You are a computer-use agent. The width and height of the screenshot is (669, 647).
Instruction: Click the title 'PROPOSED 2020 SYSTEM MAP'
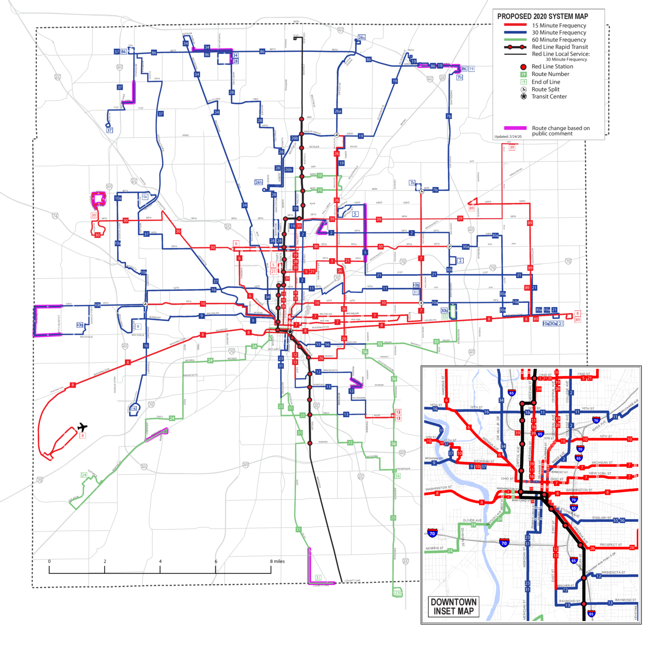(542, 17)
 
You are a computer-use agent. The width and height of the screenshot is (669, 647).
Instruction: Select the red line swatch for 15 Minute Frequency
(515, 25)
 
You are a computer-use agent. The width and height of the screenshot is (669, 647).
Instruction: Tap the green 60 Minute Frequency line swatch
(515, 40)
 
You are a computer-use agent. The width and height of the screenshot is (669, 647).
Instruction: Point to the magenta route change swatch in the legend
(515, 128)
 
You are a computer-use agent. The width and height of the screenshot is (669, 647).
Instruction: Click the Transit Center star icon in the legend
(524, 96)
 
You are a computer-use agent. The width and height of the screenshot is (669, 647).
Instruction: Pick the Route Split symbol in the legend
(524, 89)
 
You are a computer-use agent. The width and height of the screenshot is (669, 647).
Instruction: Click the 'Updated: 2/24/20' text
(508, 136)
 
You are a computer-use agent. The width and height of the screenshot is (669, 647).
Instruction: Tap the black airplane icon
(82, 427)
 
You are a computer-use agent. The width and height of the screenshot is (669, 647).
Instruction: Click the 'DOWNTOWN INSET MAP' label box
(453, 606)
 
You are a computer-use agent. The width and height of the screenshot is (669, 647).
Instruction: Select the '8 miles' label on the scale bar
(277, 561)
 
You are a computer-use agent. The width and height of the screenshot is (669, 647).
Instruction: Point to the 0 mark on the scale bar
(49, 562)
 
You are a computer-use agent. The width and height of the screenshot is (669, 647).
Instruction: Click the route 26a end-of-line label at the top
(362, 37)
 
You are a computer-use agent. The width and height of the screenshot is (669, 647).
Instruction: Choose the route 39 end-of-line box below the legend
(512, 147)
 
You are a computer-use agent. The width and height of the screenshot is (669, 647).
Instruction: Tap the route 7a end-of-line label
(412, 183)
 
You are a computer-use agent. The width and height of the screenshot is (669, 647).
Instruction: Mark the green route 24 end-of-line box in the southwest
(84, 475)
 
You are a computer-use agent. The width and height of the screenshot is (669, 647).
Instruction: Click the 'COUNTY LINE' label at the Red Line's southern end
(352, 581)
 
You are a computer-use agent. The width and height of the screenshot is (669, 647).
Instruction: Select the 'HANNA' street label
(323, 442)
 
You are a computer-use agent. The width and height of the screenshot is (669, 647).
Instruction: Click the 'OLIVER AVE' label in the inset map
(472, 520)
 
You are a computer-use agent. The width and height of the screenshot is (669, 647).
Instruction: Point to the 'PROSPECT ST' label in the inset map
(611, 545)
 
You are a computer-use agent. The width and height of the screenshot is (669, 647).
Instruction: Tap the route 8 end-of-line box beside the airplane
(82, 436)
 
